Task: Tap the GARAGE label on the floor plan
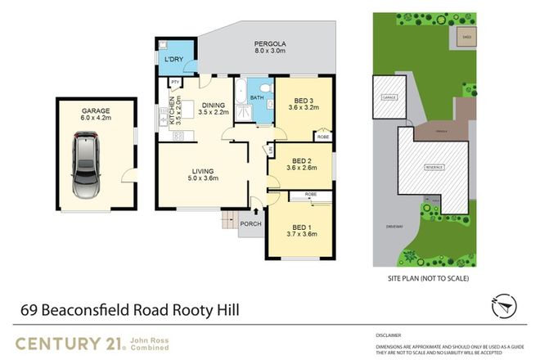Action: coord(95,110)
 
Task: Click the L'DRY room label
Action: coord(173,60)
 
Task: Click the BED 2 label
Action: coord(301,160)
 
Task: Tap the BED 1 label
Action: coord(301,227)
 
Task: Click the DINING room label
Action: coord(213,104)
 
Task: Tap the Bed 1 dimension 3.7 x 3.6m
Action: coord(301,235)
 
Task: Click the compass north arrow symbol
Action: coord(504,308)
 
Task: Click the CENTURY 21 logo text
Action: coord(69,342)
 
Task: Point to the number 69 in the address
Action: coord(30,311)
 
